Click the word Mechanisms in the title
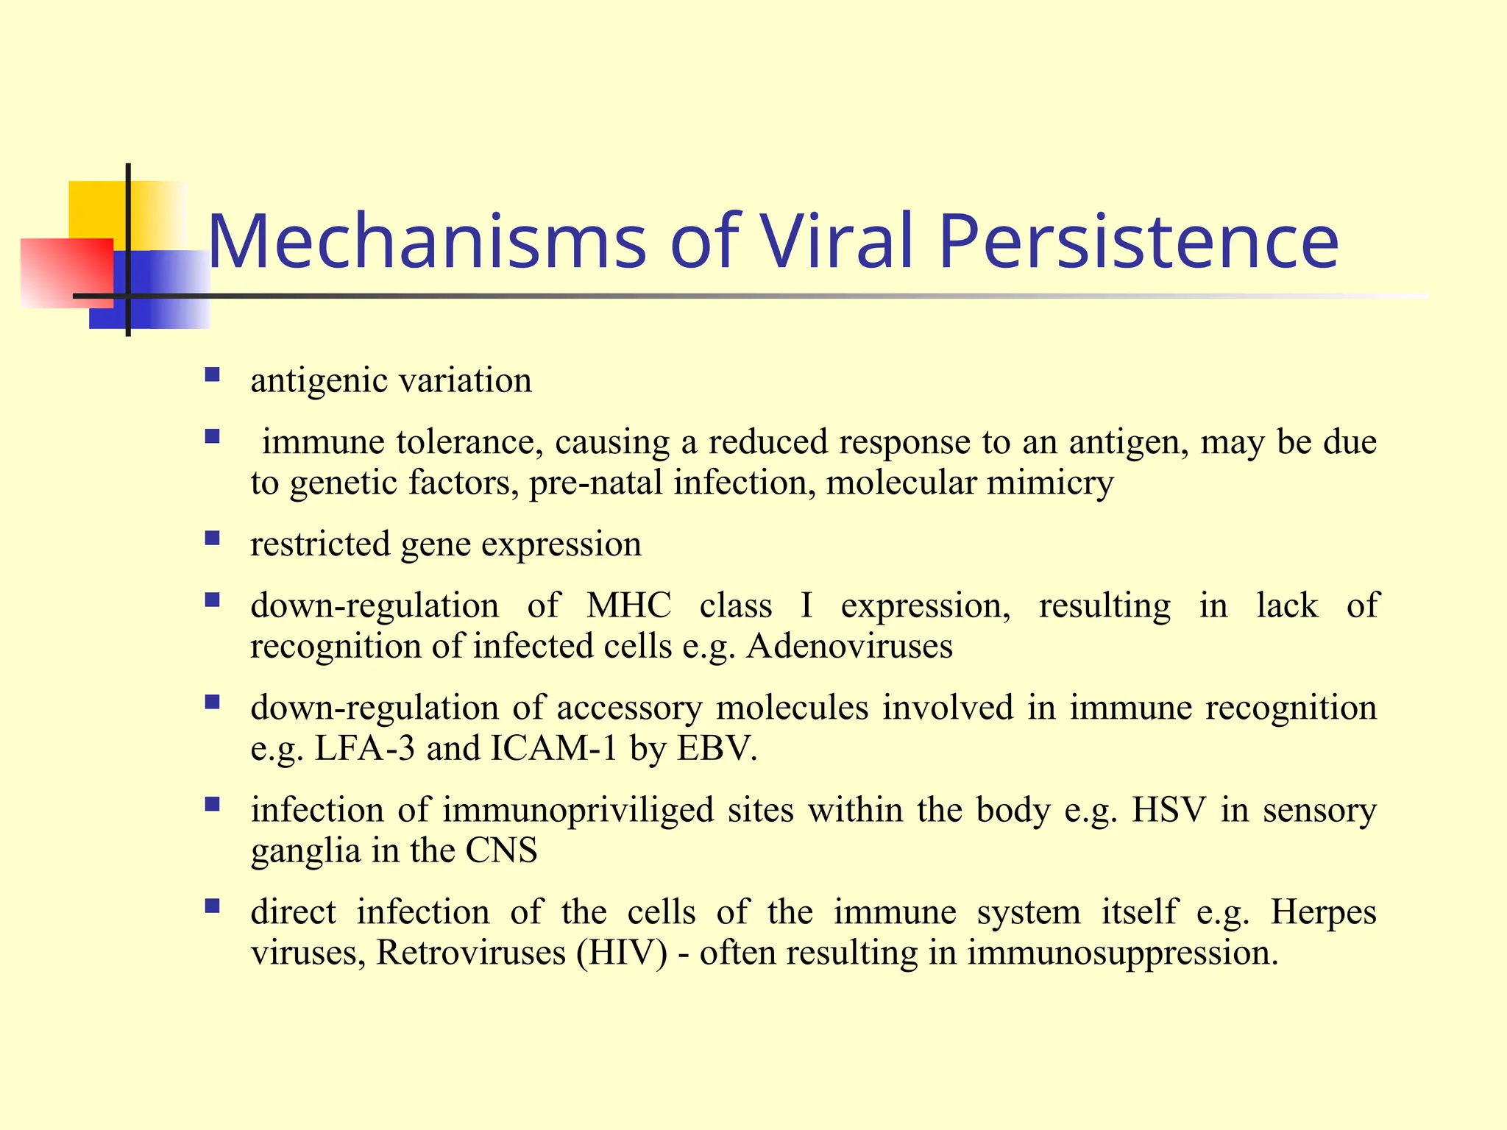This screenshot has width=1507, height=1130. pos(427,241)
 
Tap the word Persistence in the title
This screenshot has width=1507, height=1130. pos(1138,241)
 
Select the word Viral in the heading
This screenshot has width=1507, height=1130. pos(837,241)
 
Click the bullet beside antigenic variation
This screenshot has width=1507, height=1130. pos(213,376)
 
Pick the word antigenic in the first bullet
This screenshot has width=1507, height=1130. pos(319,381)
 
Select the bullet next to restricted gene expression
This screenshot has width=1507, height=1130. pos(213,539)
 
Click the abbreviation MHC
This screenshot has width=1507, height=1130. pos(628,606)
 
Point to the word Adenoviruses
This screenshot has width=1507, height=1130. pos(849,647)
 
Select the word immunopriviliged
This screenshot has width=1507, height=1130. pos(578,811)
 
